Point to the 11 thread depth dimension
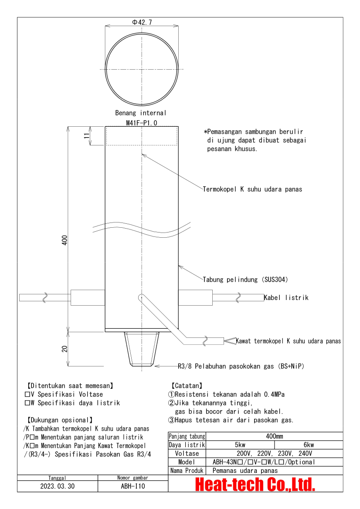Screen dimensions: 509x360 87,135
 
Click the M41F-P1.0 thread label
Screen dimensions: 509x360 142,123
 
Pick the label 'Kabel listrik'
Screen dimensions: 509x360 286,298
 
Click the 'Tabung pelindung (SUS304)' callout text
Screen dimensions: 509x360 245,279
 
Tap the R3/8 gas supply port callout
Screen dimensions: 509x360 241,366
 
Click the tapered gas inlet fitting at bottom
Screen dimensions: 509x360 141,348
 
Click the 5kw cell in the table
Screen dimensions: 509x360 240,445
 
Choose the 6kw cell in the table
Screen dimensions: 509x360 309,445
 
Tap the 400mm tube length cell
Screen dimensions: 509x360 274,436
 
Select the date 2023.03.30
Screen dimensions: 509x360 58,486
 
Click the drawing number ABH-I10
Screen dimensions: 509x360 133,486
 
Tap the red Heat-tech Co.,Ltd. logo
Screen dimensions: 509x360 255,484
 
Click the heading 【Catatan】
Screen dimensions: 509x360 187,386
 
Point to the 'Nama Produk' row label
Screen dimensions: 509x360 187,471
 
